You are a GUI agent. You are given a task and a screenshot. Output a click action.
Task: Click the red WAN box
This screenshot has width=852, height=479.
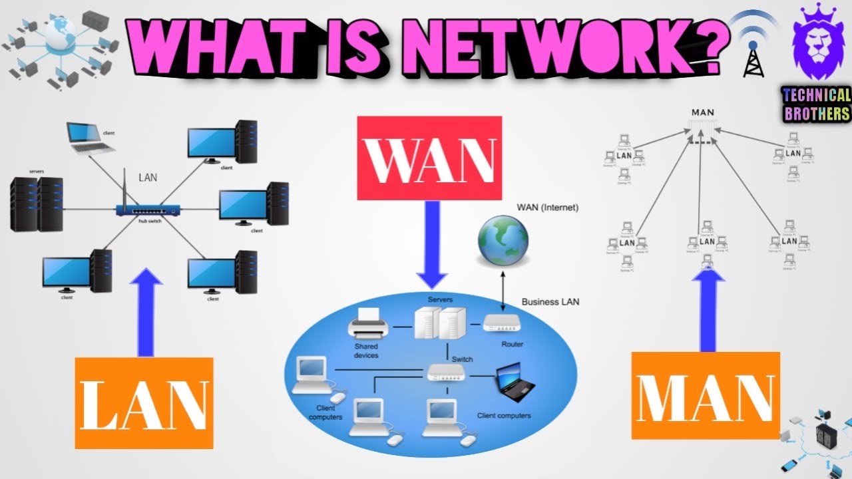429,158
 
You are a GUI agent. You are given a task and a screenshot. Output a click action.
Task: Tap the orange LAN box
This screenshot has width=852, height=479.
144,402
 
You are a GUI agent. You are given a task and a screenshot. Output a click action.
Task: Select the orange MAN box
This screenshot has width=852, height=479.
705,395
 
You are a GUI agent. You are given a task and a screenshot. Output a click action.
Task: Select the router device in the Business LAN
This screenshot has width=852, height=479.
503,324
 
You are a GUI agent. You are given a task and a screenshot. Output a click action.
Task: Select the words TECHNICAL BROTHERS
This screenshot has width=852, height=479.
817,104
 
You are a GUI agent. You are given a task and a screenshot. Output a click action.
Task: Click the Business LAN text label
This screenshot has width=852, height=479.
550,301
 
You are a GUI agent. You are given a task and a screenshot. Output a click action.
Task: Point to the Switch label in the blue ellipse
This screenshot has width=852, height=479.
462,359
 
